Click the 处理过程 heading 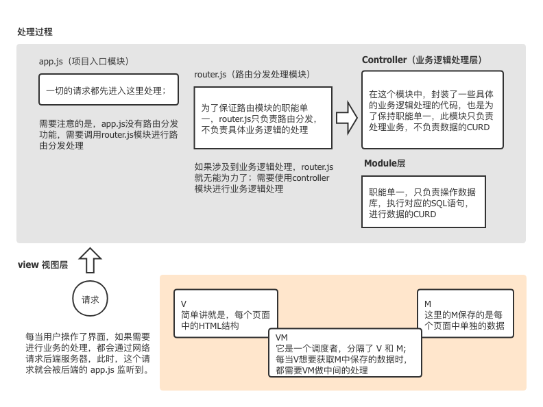[36, 32]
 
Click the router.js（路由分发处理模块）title [252, 74]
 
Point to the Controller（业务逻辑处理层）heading [422, 60]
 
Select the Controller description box [433, 110]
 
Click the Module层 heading [385, 163]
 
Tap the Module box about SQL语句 [423, 203]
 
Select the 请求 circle [90, 300]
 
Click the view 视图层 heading [43, 265]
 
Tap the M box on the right [465, 314]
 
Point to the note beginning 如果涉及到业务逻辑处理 [264, 177]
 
